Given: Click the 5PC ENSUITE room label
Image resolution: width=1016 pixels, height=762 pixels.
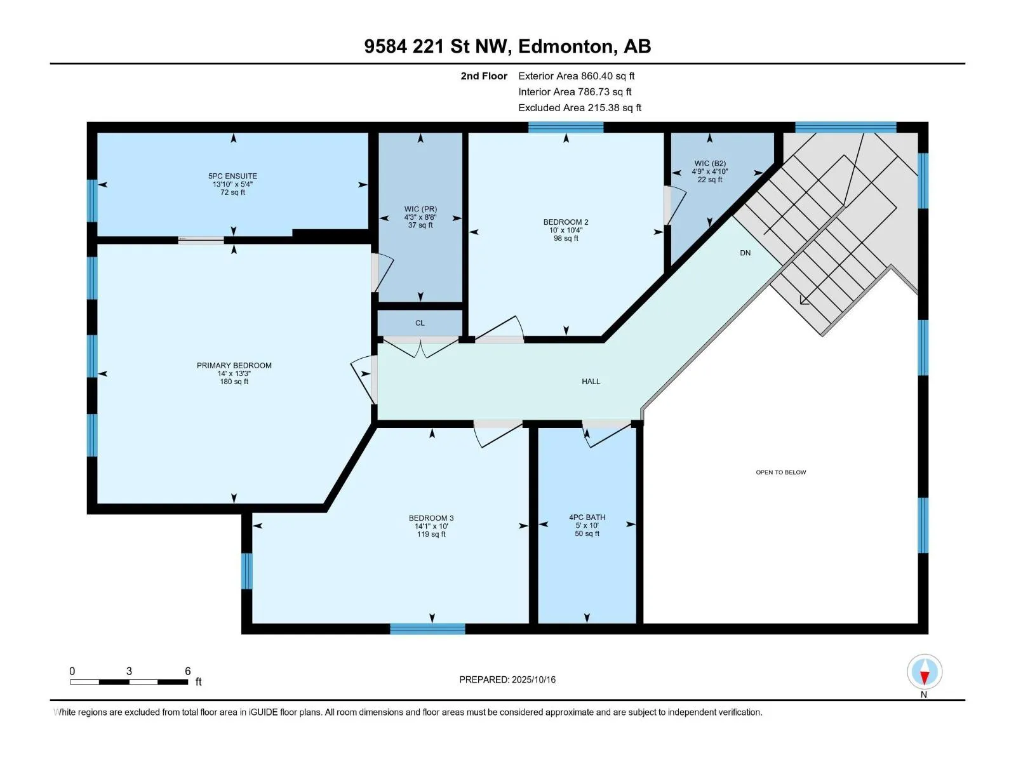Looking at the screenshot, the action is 232,176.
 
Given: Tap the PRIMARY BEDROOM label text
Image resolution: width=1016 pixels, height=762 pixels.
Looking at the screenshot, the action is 234,366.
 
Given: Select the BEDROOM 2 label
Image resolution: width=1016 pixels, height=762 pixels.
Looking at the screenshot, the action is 566,222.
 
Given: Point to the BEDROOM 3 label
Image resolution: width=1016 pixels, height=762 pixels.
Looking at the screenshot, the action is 431,518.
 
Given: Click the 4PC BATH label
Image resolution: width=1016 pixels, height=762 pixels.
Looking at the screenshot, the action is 587,518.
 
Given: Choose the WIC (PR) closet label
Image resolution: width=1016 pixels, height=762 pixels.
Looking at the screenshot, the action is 420,209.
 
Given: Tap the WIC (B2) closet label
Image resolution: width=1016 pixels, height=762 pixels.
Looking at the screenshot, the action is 710,163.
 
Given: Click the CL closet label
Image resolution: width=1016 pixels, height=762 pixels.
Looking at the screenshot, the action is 420,323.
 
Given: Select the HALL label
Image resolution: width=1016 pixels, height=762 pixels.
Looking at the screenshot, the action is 591,381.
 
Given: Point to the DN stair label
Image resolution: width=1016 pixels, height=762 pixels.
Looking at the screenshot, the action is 745,253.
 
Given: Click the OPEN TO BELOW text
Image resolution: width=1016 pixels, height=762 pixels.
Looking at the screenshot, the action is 781,472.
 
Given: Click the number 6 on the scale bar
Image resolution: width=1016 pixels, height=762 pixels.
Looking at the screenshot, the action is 187,671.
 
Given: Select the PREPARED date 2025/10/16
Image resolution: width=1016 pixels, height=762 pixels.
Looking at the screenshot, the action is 533,679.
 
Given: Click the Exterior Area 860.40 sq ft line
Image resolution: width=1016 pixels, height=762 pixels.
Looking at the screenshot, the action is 577,76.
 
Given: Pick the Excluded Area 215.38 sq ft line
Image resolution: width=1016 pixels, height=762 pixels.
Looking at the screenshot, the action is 580,108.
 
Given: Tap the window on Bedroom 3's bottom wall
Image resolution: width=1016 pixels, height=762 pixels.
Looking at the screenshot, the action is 427,629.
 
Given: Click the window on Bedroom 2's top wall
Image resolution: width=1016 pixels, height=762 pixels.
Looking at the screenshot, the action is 566,127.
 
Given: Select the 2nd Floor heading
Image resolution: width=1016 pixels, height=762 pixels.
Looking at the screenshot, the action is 484,76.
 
